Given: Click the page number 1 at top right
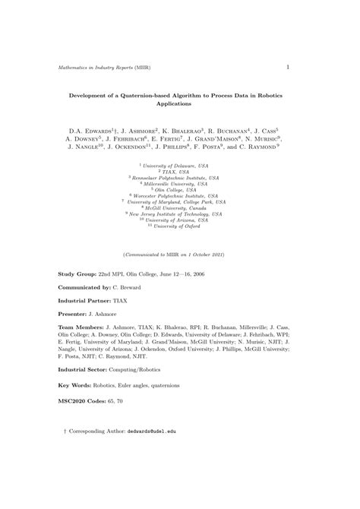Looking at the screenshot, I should coord(288,67).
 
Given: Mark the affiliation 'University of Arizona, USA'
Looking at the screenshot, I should coord(182,220).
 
